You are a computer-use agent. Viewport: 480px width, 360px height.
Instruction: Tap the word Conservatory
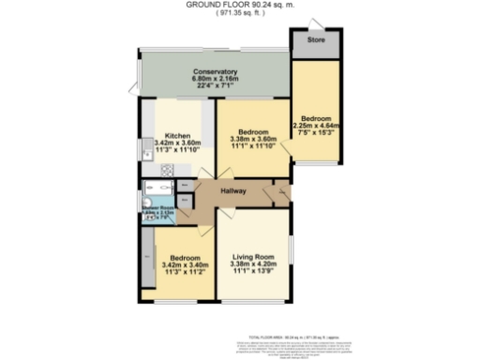[x=215, y=72]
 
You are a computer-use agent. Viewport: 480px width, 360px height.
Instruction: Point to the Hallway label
[x=233, y=191]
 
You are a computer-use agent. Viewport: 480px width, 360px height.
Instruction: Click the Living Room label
[x=252, y=257]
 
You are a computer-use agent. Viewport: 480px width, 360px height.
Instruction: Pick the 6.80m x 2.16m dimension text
[x=215, y=80]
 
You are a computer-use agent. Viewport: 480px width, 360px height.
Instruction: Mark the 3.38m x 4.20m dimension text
[x=252, y=264]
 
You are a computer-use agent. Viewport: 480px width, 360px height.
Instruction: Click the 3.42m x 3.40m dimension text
[x=184, y=264]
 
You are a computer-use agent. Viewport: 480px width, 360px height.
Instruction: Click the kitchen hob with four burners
[x=167, y=170]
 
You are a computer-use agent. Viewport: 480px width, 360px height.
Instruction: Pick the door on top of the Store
[x=317, y=23]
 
